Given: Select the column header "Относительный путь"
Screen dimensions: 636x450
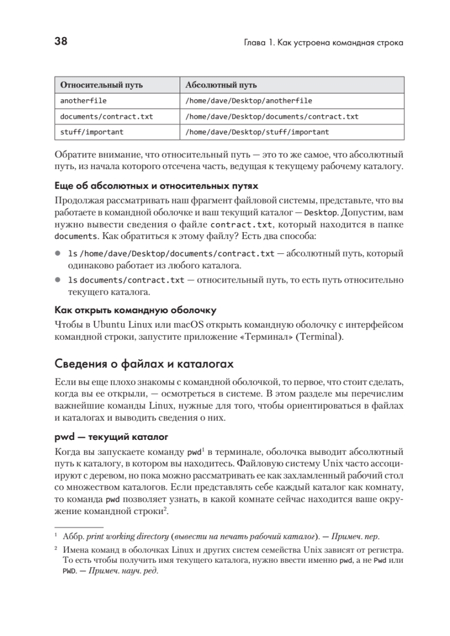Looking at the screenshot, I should pyautogui.click(x=101, y=85).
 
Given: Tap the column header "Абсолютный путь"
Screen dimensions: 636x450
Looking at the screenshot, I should pyautogui.click(x=222, y=85).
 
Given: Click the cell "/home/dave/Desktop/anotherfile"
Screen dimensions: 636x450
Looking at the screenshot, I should pyautogui.click(x=249, y=101).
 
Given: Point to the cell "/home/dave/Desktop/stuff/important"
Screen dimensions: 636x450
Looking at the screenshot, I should pyautogui.click(x=257, y=132).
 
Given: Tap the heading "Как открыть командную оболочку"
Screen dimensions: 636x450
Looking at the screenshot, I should pyautogui.click(x=136, y=310).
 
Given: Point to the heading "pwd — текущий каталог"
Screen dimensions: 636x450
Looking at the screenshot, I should pyautogui.click(x=111, y=437).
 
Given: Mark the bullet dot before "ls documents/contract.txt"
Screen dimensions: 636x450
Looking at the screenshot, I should pyautogui.click(x=58, y=280).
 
